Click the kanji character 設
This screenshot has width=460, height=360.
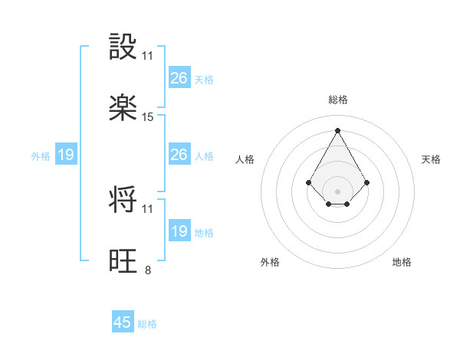(123, 47)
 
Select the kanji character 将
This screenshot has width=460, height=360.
(123, 200)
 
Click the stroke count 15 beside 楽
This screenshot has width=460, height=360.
(148, 117)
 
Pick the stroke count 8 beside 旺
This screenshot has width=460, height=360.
(148, 270)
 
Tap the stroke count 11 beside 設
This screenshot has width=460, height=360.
(148, 55)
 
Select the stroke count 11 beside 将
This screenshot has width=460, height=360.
(148, 208)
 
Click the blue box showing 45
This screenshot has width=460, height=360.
(123, 322)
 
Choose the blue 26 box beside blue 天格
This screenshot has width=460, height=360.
(179, 78)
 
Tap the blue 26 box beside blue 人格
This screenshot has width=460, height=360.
(179, 155)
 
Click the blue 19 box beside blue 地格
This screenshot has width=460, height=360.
(179, 231)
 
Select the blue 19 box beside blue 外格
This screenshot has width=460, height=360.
(66, 155)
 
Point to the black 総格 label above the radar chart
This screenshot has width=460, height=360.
(338, 100)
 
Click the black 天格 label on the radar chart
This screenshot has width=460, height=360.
(431, 159)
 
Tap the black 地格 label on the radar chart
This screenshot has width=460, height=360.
(402, 262)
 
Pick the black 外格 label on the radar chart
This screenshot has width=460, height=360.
(270, 262)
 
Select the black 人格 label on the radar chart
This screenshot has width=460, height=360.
(245, 159)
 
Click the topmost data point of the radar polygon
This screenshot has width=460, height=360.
(338, 129)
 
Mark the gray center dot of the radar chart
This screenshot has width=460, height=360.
(338, 191)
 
